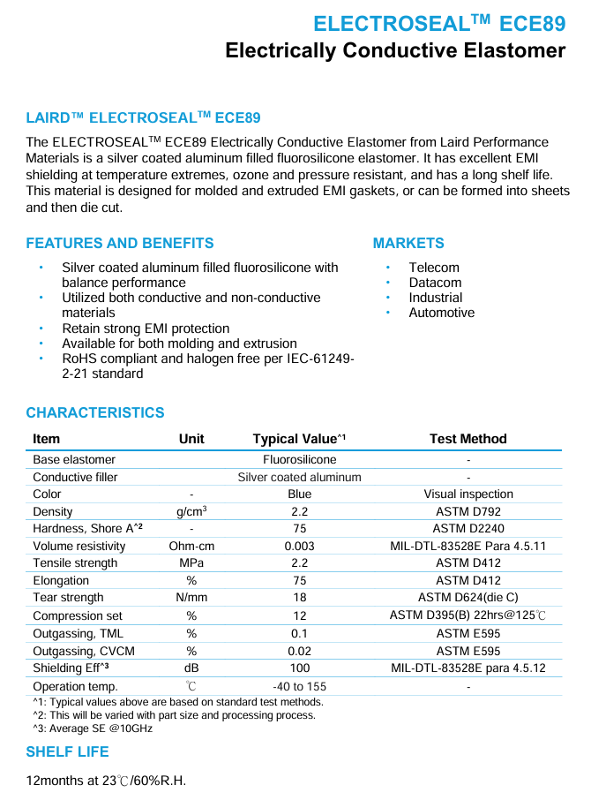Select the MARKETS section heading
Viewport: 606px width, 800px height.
pos(408,243)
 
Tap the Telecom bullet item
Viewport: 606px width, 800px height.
pos(434,268)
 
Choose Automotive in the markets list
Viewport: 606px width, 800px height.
pos(441,313)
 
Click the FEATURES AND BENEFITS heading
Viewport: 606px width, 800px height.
pos(120,243)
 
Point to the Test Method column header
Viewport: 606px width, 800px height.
pos(468,439)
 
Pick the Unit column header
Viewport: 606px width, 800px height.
pos(191,439)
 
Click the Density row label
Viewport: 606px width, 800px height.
pos(53,511)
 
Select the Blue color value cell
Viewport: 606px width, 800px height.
pos(299,494)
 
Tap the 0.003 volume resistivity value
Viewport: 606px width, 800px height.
pos(299,547)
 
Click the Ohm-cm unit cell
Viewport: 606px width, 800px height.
pos(191,547)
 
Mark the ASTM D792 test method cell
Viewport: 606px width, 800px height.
pos(468,511)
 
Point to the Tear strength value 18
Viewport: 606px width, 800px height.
pos(299,598)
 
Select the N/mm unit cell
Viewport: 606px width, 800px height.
pos(191,598)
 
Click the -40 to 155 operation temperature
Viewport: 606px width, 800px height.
pos(299,686)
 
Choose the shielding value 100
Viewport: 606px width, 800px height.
pos(299,668)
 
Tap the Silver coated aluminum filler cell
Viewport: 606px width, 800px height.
pos(299,477)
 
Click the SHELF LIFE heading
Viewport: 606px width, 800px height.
pos(68,751)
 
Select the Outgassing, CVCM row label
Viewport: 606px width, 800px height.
pos(79,651)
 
